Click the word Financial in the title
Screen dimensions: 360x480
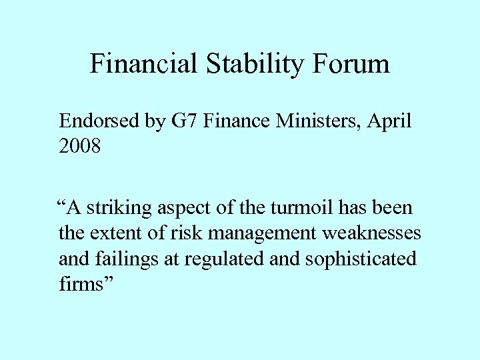pos(143,64)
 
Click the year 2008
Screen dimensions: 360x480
pos(80,146)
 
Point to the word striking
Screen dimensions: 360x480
pos(120,208)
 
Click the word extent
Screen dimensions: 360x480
pos(111,233)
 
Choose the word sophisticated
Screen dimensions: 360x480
pos(361,259)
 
